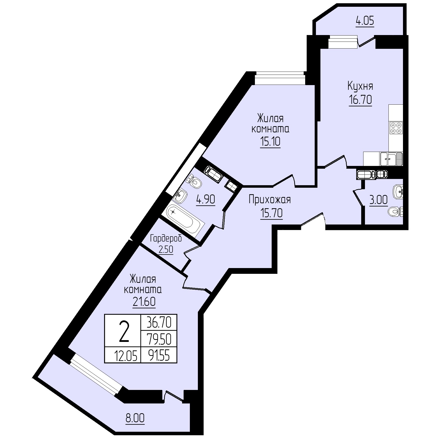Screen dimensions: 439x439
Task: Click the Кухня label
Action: tap(360, 87)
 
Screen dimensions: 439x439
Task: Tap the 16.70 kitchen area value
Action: tap(360, 100)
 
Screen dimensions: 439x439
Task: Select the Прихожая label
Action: tap(270, 200)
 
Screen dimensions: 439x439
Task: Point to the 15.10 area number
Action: tap(270, 142)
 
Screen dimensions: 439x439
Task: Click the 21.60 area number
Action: tap(144, 302)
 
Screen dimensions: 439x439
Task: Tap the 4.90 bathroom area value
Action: tap(206, 200)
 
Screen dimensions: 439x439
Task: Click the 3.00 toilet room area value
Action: tap(378, 200)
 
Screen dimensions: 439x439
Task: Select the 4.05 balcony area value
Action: tap(365, 21)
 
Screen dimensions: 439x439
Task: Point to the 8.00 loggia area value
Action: tap(135, 418)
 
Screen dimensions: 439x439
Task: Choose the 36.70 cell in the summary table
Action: tap(159, 323)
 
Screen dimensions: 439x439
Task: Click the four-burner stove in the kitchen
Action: tap(396, 127)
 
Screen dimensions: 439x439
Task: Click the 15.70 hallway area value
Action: tap(271, 213)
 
